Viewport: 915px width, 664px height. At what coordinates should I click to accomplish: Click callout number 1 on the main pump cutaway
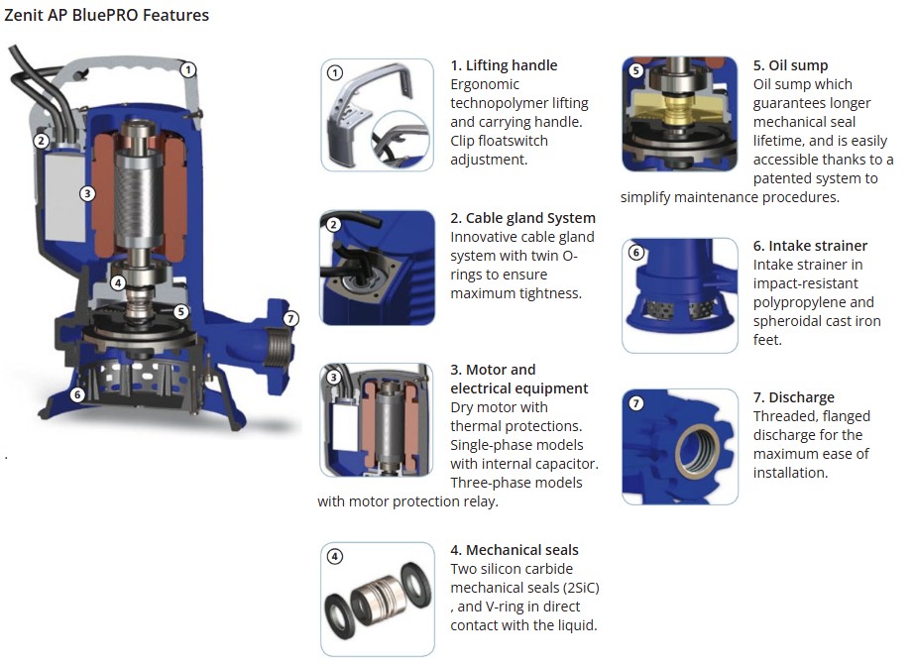(187, 70)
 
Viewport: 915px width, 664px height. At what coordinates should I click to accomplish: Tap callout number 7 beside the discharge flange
(290, 318)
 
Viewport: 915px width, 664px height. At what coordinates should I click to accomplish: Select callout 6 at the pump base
(77, 395)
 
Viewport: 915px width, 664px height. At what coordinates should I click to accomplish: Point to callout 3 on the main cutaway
(87, 193)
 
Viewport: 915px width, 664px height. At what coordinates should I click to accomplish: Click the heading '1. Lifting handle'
(504, 65)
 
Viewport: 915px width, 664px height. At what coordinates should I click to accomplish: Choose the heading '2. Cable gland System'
(522, 218)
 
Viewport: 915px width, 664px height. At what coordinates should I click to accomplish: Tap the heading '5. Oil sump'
(790, 65)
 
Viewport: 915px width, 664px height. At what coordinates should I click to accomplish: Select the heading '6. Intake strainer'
(810, 246)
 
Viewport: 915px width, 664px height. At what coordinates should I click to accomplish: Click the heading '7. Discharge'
(794, 397)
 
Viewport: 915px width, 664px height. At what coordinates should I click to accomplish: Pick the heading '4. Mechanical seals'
(515, 550)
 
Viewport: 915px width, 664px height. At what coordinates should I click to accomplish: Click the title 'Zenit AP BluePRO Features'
(106, 15)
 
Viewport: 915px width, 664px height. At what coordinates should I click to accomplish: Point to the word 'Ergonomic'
(485, 84)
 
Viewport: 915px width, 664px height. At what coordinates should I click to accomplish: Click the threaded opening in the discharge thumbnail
(697, 452)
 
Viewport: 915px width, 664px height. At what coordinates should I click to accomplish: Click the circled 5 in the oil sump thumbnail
(636, 70)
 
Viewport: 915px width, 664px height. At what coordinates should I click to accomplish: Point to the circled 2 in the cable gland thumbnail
(333, 225)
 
